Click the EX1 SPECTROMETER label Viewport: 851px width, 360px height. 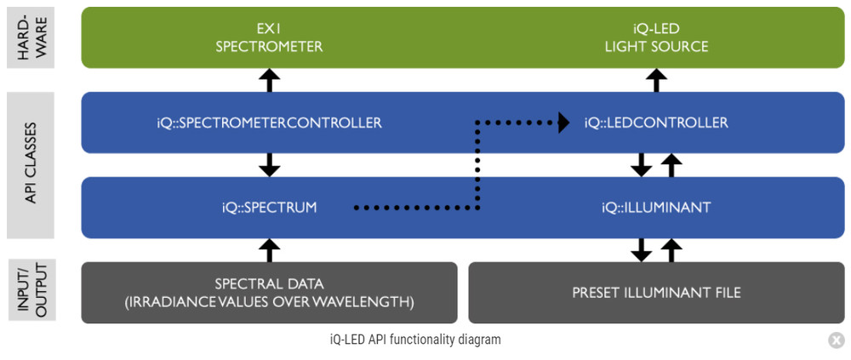(269, 37)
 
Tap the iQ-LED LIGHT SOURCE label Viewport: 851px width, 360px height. (655, 37)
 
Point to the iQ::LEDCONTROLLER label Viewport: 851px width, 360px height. (656, 123)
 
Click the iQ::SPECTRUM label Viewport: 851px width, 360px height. (269, 207)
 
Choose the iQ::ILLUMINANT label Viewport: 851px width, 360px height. (655, 207)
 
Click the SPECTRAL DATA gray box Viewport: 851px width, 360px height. (269, 293)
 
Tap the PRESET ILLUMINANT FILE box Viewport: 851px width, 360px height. (656, 293)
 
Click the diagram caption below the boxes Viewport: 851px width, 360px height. (415, 340)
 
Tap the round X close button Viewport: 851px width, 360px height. (836, 340)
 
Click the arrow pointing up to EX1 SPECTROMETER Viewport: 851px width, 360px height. (269, 80)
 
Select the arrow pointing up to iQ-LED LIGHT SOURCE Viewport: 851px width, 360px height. (655, 80)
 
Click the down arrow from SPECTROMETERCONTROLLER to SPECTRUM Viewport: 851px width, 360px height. (269, 164)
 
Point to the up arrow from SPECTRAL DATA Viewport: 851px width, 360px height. (269, 249)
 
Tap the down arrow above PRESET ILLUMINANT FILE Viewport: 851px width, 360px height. (642, 249)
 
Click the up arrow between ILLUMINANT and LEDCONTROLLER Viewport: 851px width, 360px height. (671, 164)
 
